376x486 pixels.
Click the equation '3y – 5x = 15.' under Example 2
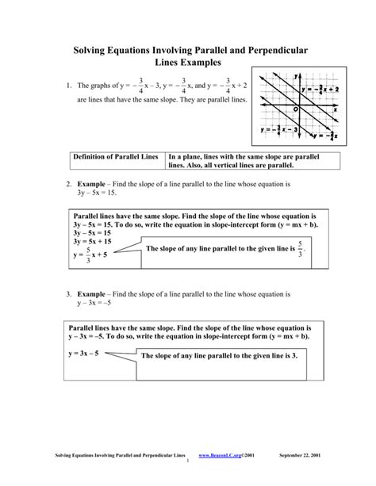click(97, 193)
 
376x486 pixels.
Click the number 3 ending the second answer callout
click(293, 357)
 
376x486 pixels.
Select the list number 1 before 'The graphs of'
click(69, 85)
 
